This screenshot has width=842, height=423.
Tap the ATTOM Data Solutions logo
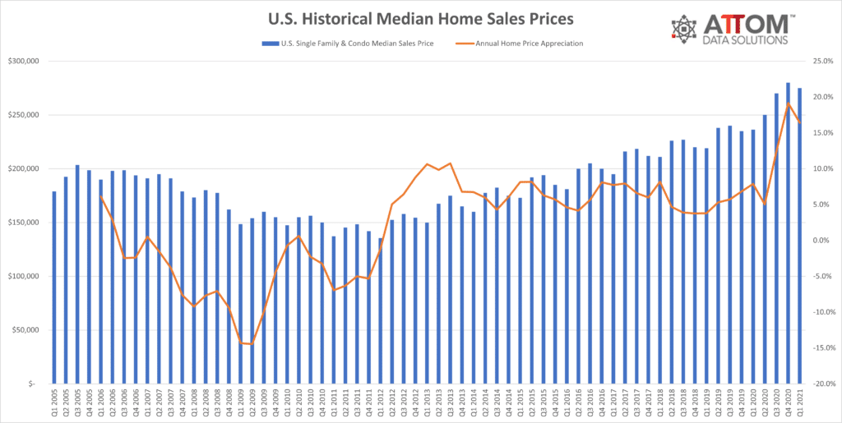pyautogui.click(x=729, y=30)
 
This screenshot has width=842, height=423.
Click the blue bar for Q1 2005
pyautogui.click(x=53, y=287)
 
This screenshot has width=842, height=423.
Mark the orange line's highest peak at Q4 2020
pyautogui.click(x=788, y=103)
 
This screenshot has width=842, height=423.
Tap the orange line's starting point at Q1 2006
pyautogui.click(x=101, y=197)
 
